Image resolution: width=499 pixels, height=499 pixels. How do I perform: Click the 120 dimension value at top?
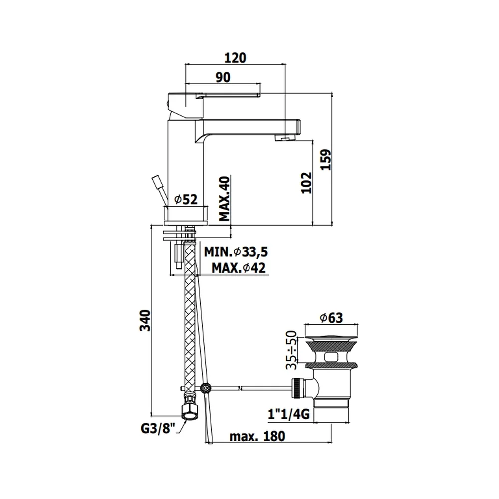click(x=235, y=58)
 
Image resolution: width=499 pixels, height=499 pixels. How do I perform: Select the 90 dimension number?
click(x=223, y=77)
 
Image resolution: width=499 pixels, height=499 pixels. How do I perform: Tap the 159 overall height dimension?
click(x=325, y=160)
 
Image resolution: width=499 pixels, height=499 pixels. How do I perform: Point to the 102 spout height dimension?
click(x=306, y=183)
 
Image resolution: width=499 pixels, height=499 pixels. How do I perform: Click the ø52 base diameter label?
click(x=186, y=200)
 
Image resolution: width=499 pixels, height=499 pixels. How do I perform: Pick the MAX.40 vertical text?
click(x=224, y=199)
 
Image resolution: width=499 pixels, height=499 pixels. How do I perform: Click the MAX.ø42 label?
click(x=239, y=268)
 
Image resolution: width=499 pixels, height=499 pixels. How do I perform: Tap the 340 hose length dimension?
click(x=145, y=320)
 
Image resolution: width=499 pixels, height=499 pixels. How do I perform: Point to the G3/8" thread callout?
click(x=158, y=428)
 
